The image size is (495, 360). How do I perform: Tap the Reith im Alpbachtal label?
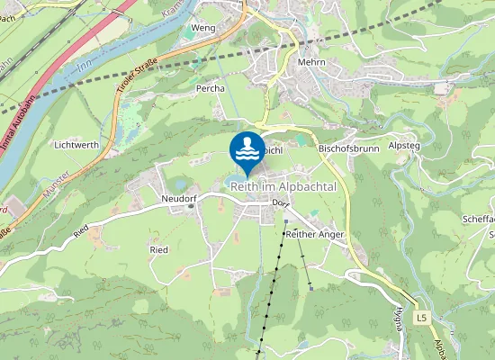(x=283, y=186)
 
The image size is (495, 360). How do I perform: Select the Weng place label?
(x=202, y=29)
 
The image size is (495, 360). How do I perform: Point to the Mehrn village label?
(x=310, y=62)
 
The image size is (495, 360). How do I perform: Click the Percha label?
(x=210, y=90)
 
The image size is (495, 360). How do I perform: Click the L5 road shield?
(x=421, y=318)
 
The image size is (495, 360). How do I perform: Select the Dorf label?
(x=280, y=202)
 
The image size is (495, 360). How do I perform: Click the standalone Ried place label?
(x=159, y=249)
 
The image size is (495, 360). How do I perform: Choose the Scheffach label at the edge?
(x=478, y=219)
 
